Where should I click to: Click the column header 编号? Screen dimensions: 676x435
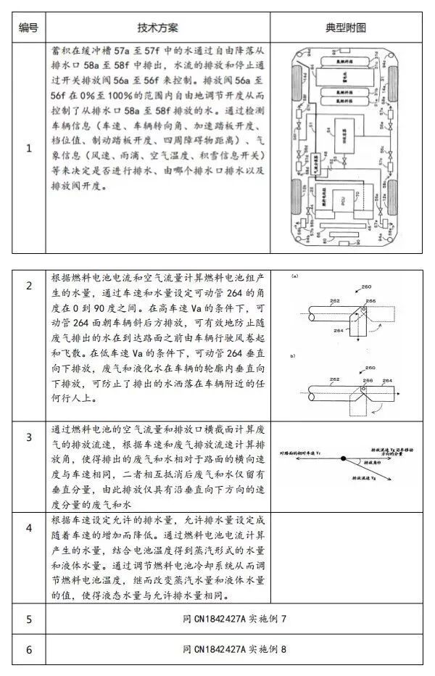(28, 28)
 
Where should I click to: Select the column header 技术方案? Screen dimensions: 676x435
(157, 28)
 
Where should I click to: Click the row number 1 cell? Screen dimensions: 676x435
(28, 149)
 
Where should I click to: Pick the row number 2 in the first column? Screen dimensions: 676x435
(28, 286)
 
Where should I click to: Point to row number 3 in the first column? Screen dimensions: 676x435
(28, 437)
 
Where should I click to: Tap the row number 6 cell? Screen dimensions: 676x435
(28, 649)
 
